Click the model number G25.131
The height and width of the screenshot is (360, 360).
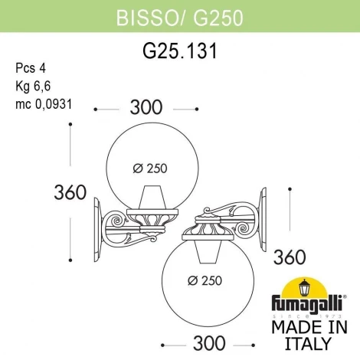(x=179, y=52)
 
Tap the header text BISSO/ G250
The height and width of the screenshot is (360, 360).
(x=179, y=17)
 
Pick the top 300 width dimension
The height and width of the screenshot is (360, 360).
(x=146, y=110)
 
